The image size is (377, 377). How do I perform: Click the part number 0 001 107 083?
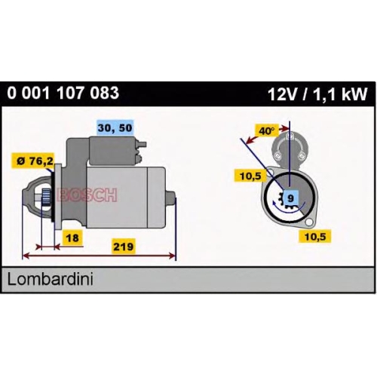coord(63,93)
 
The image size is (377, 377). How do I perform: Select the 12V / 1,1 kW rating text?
coord(317,94)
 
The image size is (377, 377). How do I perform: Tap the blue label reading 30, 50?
coord(115,128)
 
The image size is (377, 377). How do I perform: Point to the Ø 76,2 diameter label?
coord(35,161)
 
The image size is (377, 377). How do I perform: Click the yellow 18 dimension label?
coord(72,238)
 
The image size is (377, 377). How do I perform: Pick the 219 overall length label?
coord(123,247)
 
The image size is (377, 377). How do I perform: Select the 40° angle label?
coord(266,130)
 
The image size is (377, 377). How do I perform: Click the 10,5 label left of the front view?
coord(250,176)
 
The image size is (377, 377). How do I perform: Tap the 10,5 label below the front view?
coord(314,236)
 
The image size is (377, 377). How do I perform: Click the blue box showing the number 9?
coord(290,198)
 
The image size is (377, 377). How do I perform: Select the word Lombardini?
coord(51,280)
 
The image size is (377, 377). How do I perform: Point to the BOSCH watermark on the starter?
coord(87,195)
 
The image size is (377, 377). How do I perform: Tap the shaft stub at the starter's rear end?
coord(172,197)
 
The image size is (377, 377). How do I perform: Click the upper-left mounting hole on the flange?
coord(271,173)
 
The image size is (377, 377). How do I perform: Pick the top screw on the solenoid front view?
coord(290,136)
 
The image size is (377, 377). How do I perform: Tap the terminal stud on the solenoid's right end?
coord(142,145)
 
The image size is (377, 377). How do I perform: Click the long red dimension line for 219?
coord(99,256)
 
